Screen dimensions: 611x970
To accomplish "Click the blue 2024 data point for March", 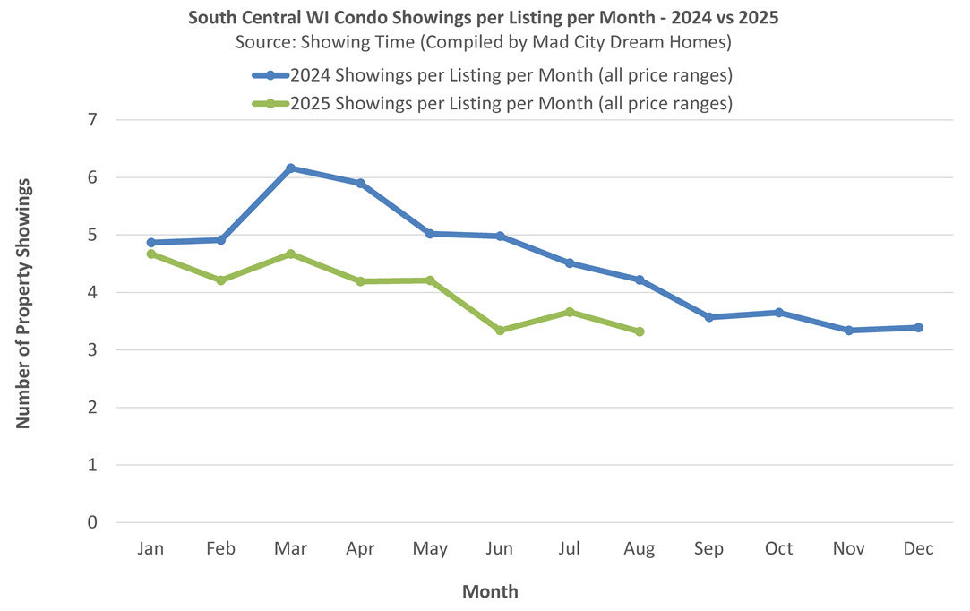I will click(x=290, y=168).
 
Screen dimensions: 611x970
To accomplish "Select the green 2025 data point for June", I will click(x=500, y=331).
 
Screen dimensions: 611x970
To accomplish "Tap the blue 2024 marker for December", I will click(x=918, y=328).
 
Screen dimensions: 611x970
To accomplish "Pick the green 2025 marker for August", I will click(x=640, y=331).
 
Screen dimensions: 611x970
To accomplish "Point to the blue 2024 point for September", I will click(x=709, y=317).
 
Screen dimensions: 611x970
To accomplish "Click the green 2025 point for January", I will click(x=150, y=254).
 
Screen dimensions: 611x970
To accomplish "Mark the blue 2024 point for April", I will click(x=360, y=184).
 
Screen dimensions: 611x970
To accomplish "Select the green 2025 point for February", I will click(x=220, y=280).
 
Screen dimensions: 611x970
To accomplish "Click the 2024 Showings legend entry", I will click(x=511, y=74).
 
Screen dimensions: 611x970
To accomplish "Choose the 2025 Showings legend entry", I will click(x=511, y=103).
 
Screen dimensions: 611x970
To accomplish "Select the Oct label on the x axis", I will click(x=778, y=549).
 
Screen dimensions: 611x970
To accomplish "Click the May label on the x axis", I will click(x=430, y=549).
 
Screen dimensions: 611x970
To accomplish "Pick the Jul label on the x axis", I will click(x=570, y=549).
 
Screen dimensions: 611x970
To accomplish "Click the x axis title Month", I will click(x=490, y=591).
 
